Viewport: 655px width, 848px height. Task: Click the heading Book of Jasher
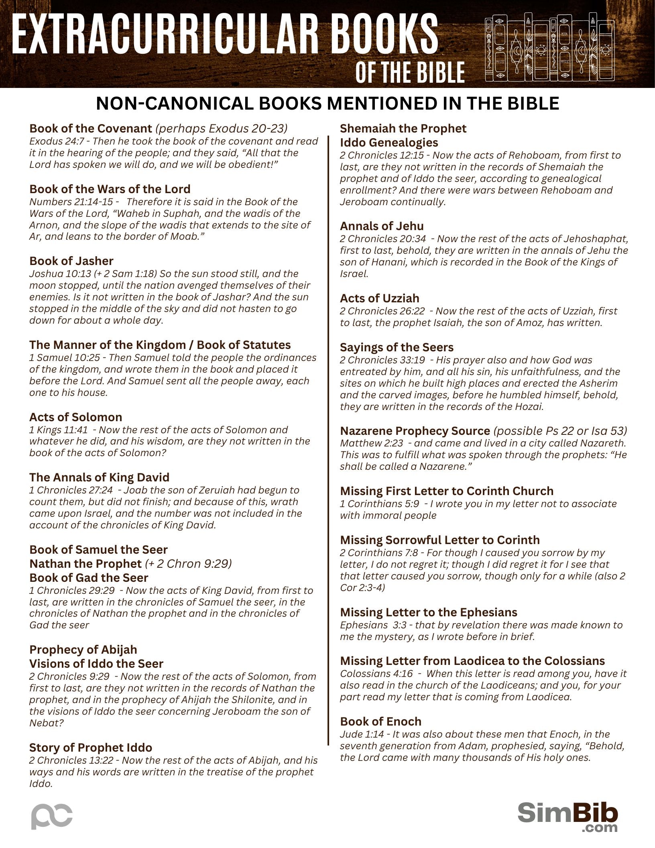click(71, 261)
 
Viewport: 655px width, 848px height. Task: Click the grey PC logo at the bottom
click(52, 816)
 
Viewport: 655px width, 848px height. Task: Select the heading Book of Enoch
click(380, 722)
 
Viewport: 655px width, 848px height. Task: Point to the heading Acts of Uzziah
click(379, 298)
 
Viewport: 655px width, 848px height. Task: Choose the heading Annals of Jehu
click(382, 226)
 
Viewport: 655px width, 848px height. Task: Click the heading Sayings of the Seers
click(397, 347)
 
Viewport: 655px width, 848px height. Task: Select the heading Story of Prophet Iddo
click(91, 748)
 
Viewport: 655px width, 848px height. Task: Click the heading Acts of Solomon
click(75, 417)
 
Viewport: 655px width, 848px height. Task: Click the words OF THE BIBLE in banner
click(410, 73)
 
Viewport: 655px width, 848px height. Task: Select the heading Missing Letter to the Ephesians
click(428, 612)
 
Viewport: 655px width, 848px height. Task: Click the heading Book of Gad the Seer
click(89, 578)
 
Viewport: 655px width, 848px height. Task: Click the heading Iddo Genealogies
click(389, 143)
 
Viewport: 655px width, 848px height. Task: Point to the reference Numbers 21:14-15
click(71, 202)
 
